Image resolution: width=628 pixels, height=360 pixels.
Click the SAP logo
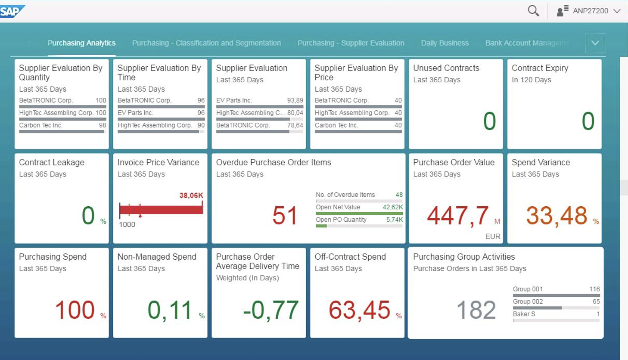(x=12, y=11)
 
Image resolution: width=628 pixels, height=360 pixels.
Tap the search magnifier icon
(x=533, y=11)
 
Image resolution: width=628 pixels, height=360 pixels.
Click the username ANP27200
(x=591, y=11)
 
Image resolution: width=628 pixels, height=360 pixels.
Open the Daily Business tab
(x=445, y=43)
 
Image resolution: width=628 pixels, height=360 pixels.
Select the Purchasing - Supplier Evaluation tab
(x=351, y=43)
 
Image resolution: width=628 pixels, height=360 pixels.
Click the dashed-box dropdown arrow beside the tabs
(x=595, y=43)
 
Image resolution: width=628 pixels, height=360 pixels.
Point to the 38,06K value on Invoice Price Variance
(x=191, y=196)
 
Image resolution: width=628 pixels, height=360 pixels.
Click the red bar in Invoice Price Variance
(x=161, y=210)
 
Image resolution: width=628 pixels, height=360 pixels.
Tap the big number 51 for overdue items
(x=285, y=215)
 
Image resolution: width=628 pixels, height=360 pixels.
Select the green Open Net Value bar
(x=359, y=214)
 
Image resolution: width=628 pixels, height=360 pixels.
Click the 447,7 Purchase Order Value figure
(x=458, y=216)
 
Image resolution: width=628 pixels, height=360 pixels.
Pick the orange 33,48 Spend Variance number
(x=556, y=216)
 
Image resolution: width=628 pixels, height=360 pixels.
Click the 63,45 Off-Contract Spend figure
(x=359, y=310)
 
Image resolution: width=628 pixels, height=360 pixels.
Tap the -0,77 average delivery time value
(x=270, y=310)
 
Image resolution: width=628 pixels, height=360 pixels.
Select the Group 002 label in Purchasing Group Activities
(x=528, y=301)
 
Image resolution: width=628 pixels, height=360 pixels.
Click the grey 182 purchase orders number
(x=476, y=310)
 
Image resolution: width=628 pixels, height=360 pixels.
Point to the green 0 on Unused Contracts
(x=489, y=121)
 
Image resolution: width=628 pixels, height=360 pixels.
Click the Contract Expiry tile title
(x=540, y=68)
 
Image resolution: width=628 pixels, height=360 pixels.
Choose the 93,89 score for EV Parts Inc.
(x=295, y=100)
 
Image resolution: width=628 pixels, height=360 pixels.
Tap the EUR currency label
(x=493, y=236)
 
